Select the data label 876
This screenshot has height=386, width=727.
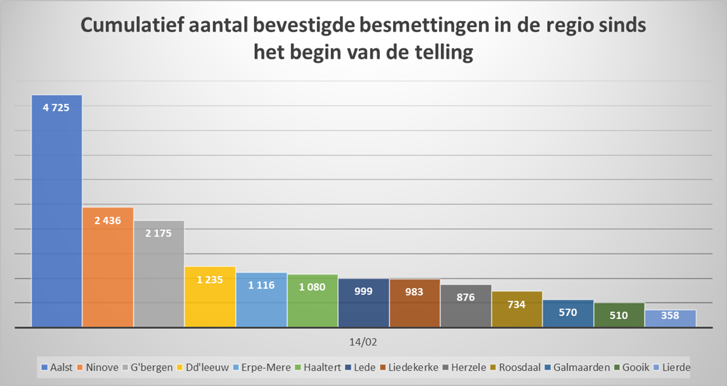click(466, 297)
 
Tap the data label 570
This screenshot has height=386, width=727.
click(568, 312)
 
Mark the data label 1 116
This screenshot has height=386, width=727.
click(261, 285)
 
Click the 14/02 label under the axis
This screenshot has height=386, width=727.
click(363, 342)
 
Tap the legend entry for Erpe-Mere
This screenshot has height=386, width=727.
click(266, 367)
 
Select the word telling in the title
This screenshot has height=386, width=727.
click(441, 52)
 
